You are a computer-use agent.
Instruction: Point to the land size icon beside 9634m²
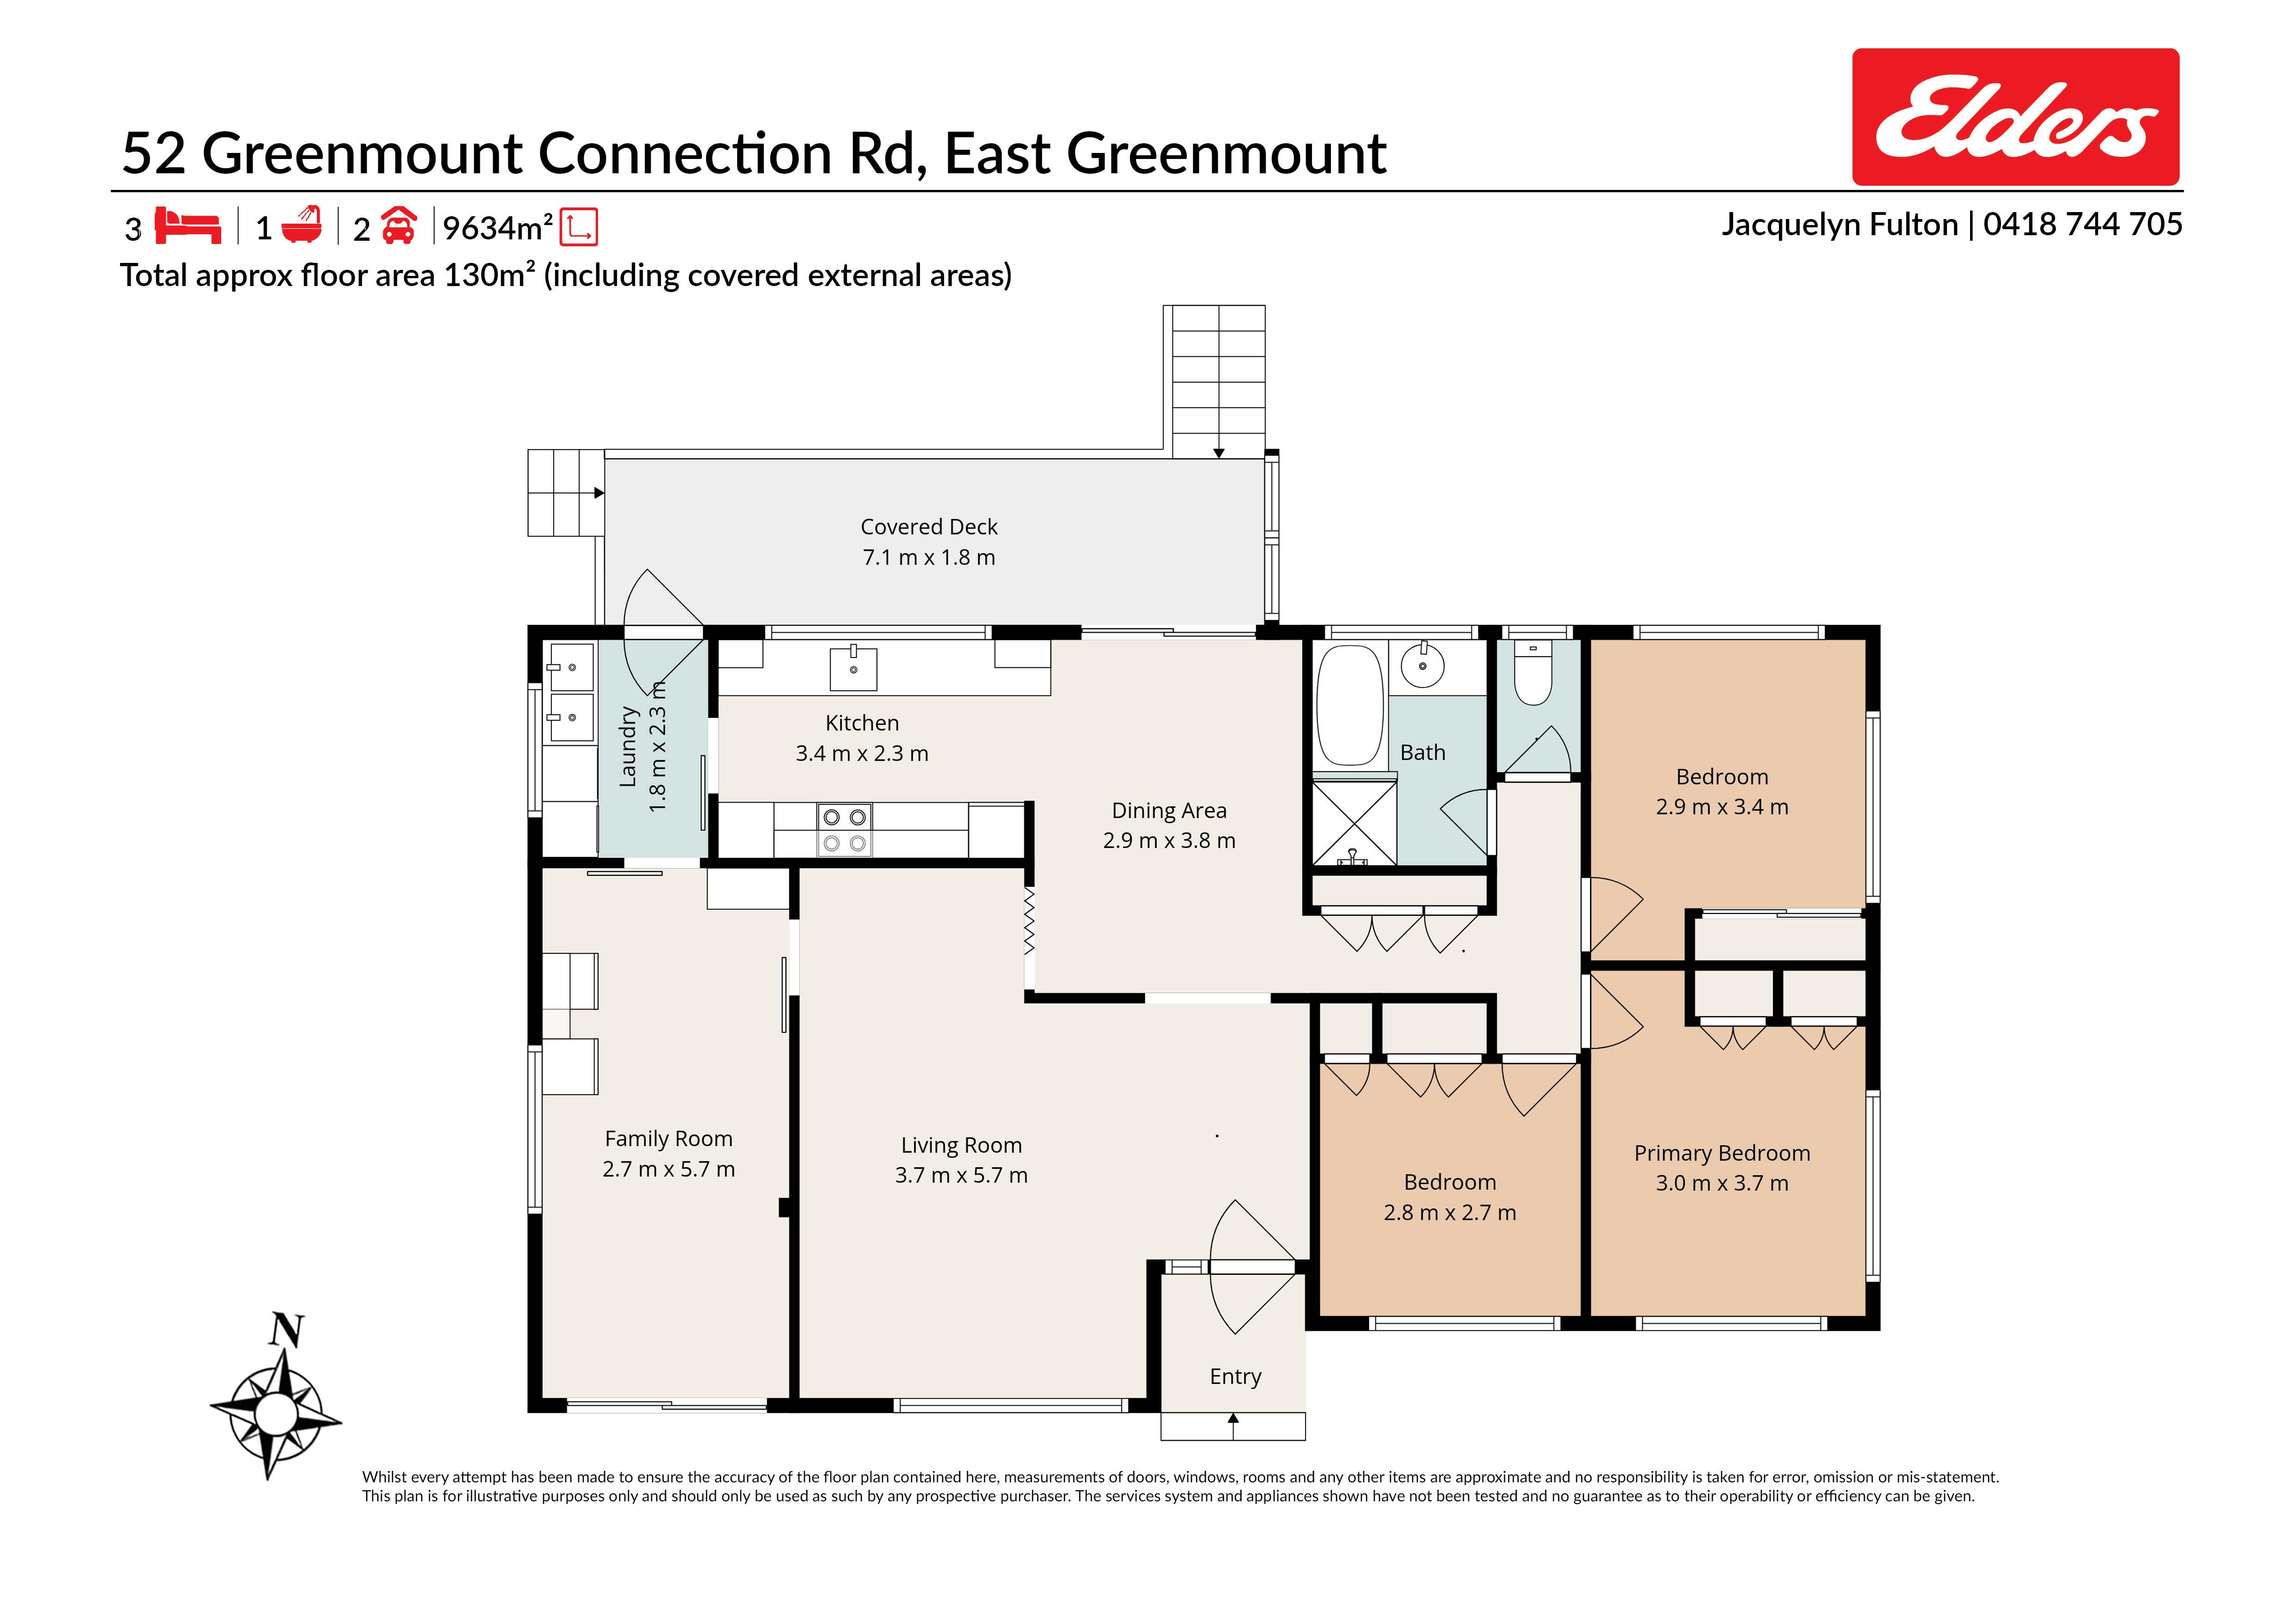click(579, 226)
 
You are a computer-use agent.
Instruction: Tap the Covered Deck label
click(929, 526)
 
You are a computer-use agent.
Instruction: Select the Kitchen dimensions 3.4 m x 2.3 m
click(862, 754)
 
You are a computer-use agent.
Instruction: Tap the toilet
click(1533, 671)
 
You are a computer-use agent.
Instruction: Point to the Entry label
click(1235, 1377)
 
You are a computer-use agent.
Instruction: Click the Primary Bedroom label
click(1722, 1153)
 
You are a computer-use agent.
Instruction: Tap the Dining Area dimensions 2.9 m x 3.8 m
click(1169, 841)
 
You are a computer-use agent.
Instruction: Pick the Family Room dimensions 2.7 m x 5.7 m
click(669, 1169)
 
